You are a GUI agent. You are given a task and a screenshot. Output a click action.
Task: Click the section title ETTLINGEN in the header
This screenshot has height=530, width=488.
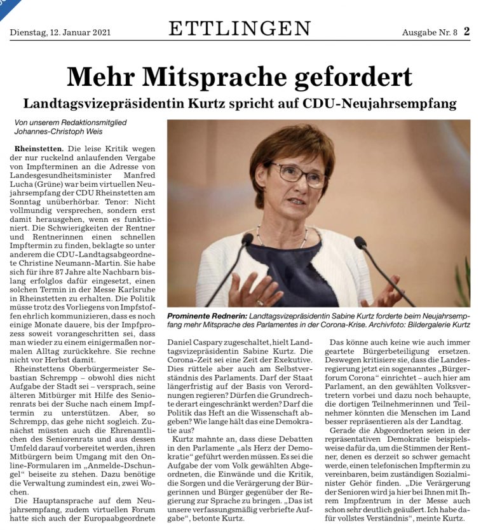(x=240, y=29)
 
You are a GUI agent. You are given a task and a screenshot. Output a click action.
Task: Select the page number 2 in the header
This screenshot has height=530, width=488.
(x=466, y=31)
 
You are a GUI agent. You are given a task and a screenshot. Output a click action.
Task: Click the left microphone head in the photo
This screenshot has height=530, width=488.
(x=247, y=238)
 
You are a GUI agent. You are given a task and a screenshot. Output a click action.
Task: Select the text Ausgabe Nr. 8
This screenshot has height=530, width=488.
(x=429, y=32)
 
